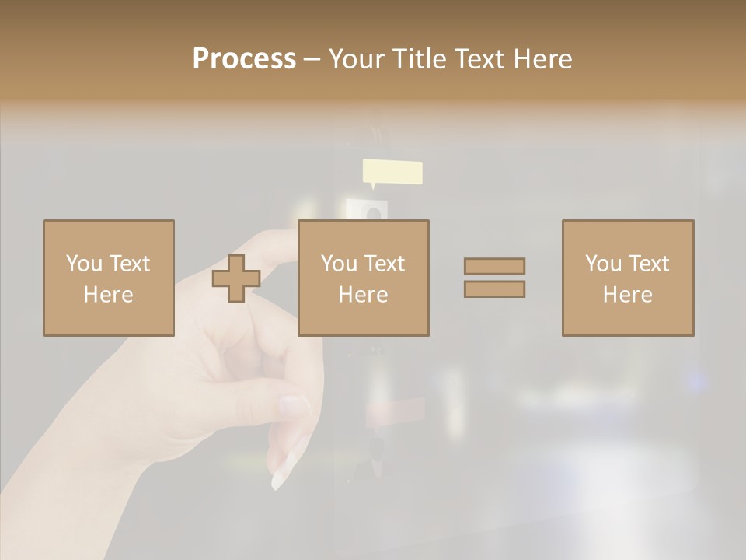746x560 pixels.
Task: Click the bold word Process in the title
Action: pos(244,59)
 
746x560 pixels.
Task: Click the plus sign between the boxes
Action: pos(236,278)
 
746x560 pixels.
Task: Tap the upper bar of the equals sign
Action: pos(494,266)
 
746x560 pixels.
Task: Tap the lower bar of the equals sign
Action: pos(494,289)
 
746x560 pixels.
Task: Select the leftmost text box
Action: pos(109,278)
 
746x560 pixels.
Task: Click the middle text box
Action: pos(363,278)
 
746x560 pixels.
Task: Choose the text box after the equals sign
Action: pos(628,278)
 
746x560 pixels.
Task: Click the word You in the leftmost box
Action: pos(84,264)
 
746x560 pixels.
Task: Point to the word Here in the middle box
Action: pos(363,295)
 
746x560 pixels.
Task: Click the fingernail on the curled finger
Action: pos(293,405)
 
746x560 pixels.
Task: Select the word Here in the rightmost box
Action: pos(628,295)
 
